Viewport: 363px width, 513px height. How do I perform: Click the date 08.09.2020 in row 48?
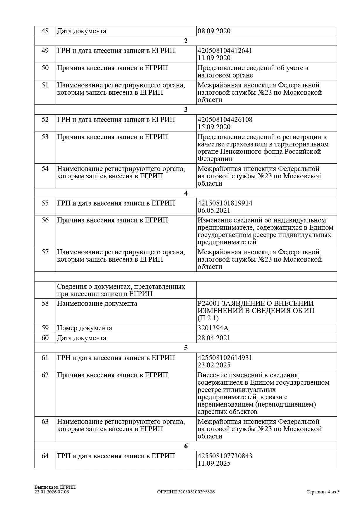214,31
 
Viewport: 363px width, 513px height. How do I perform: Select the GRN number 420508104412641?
225,51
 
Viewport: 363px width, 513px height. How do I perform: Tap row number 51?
45,85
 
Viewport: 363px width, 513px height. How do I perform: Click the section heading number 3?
186,110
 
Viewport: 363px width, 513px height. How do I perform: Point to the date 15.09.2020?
214,127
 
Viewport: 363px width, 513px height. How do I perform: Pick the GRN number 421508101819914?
225,203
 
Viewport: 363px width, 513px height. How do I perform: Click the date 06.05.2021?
214,210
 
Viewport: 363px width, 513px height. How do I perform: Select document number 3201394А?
213,328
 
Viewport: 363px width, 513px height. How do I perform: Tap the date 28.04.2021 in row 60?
214,338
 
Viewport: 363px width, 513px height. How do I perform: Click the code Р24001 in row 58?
208,303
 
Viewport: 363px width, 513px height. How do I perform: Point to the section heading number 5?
186,348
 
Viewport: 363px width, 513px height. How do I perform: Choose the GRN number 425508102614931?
225,358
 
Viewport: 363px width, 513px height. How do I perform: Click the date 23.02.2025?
214,365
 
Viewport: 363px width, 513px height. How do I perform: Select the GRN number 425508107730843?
225,456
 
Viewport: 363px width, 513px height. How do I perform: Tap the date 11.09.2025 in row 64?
214,463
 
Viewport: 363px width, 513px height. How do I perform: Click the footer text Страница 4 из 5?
323,492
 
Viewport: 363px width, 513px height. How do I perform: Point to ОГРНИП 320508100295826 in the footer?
186,492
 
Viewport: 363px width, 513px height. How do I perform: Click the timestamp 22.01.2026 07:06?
52,492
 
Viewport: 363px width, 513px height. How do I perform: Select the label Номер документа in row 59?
84,328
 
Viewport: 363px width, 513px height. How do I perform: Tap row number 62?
45,375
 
